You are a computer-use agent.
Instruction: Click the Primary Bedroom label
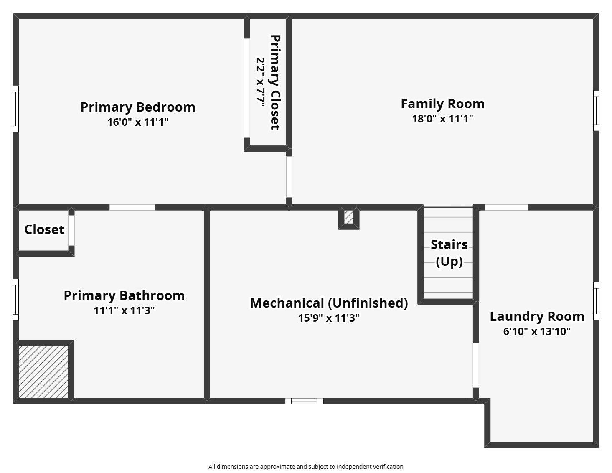(138, 107)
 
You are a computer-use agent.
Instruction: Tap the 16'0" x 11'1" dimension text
(138, 122)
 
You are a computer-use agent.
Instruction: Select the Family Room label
(442, 104)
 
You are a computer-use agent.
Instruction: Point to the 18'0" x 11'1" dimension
(442, 119)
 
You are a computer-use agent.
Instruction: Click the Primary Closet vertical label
(275, 82)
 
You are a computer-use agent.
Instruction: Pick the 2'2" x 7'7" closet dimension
(261, 82)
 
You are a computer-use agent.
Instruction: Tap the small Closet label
(44, 229)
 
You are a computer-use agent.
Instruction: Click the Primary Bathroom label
(124, 295)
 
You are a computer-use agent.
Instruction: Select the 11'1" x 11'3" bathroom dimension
(124, 310)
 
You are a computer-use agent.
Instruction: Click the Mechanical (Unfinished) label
(329, 303)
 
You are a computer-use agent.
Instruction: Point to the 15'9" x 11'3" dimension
(329, 318)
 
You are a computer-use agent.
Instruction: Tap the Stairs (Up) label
(449, 253)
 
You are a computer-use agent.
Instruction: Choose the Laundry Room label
(537, 316)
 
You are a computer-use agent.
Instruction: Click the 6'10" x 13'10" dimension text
(537, 331)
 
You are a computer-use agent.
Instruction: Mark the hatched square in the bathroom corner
(43, 372)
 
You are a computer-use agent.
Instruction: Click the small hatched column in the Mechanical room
(349, 217)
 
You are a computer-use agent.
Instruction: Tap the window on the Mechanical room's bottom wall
(304, 401)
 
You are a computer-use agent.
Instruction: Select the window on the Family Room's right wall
(596, 110)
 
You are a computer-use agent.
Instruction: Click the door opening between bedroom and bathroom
(132, 207)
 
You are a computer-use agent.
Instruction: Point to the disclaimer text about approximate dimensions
(306, 467)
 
